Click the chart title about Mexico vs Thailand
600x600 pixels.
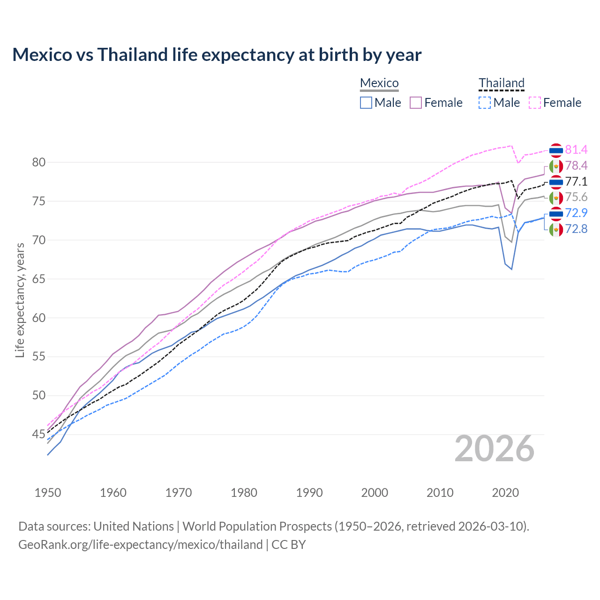[x=217, y=55]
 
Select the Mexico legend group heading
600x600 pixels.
[x=379, y=83]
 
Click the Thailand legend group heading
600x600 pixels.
[x=501, y=83]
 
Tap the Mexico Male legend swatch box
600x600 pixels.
[x=366, y=103]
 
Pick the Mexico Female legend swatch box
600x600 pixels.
[x=416, y=103]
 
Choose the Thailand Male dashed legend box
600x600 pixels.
[x=485, y=103]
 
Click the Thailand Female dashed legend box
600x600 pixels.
[x=534, y=103]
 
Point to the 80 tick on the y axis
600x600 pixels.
[x=39, y=163]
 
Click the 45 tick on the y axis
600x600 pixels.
[x=39, y=435]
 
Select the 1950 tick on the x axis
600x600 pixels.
[x=48, y=493]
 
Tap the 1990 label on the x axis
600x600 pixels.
[x=309, y=493]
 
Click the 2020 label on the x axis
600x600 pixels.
[x=505, y=493]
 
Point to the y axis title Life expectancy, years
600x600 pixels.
[x=20, y=300]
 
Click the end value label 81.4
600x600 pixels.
[x=576, y=150]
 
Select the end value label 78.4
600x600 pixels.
[x=576, y=165]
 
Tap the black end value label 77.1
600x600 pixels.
[x=576, y=181]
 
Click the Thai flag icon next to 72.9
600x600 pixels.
[x=556, y=214]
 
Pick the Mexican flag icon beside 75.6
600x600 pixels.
[x=556, y=198]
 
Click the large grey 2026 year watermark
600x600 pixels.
[x=495, y=449]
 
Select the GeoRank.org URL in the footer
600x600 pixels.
[x=141, y=545]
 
